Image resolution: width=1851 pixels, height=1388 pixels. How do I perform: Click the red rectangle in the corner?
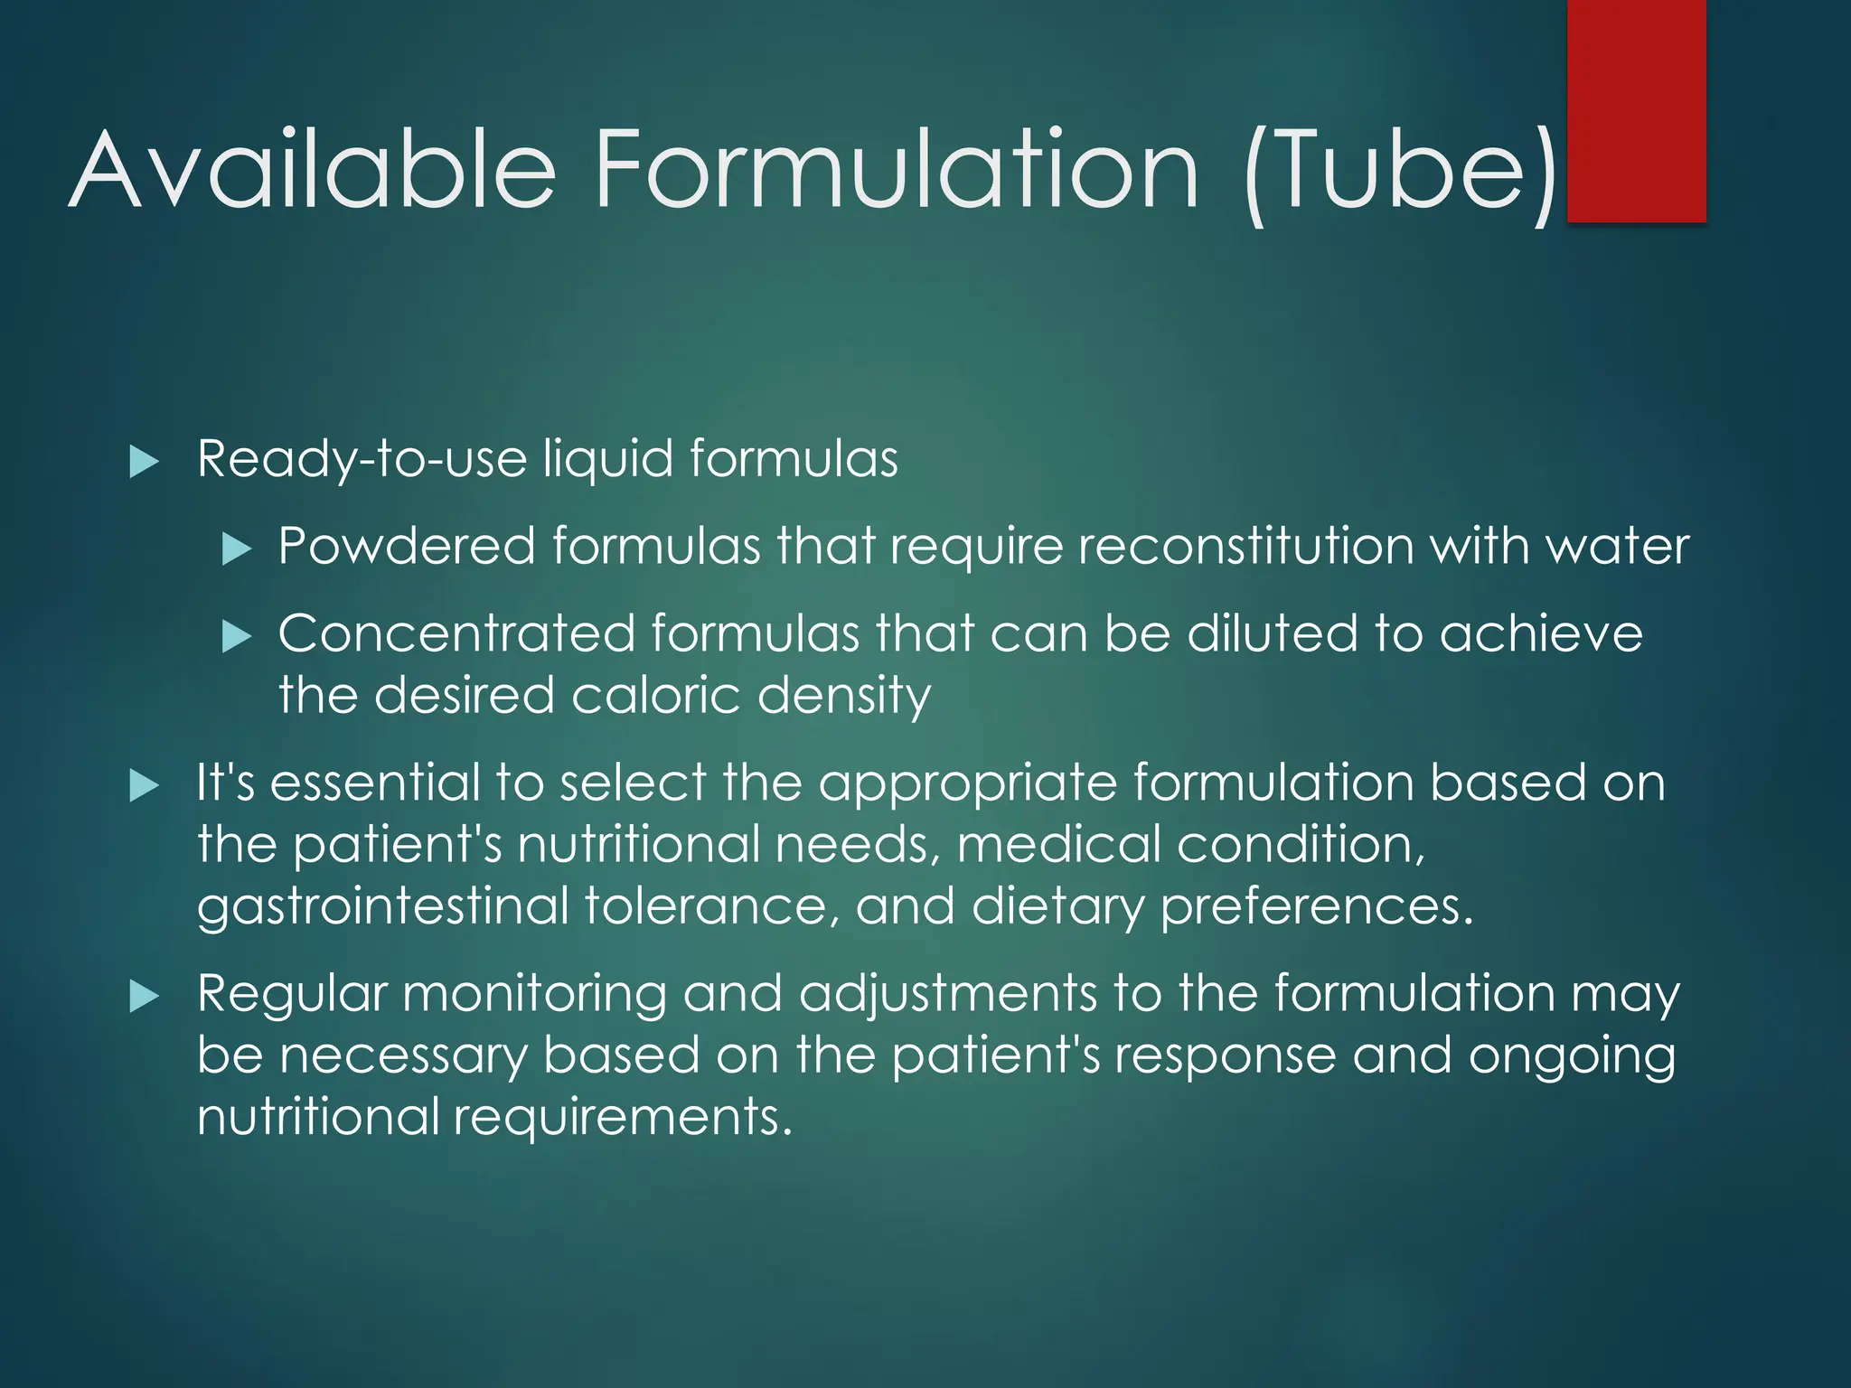tap(1636, 110)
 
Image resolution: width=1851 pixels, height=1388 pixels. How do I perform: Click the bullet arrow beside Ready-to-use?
tap(144, 462)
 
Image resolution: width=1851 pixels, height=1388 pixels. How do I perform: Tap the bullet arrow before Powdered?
tap(236, 549)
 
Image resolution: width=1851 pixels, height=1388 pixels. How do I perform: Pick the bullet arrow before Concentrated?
tap(236, 637)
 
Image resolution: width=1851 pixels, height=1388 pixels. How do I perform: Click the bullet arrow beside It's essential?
tap(144, 785)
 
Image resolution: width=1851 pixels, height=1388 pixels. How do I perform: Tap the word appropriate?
tap(967, 784)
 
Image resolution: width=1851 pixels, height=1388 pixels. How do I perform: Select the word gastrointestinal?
tap(383, 906)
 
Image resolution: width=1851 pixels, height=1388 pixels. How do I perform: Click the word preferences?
tap(1316, 906)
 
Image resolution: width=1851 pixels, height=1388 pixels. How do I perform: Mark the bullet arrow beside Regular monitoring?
tap(144, 997)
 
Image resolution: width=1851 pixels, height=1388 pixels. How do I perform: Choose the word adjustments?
tap(948, 996)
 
